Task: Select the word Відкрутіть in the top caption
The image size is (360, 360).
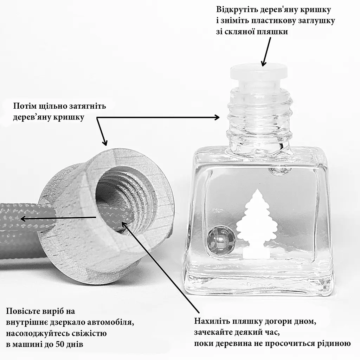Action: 237,9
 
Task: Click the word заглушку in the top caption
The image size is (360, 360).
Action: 314,21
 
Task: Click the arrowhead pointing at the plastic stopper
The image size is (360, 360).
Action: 264,63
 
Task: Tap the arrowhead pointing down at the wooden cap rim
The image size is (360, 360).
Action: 105,142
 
